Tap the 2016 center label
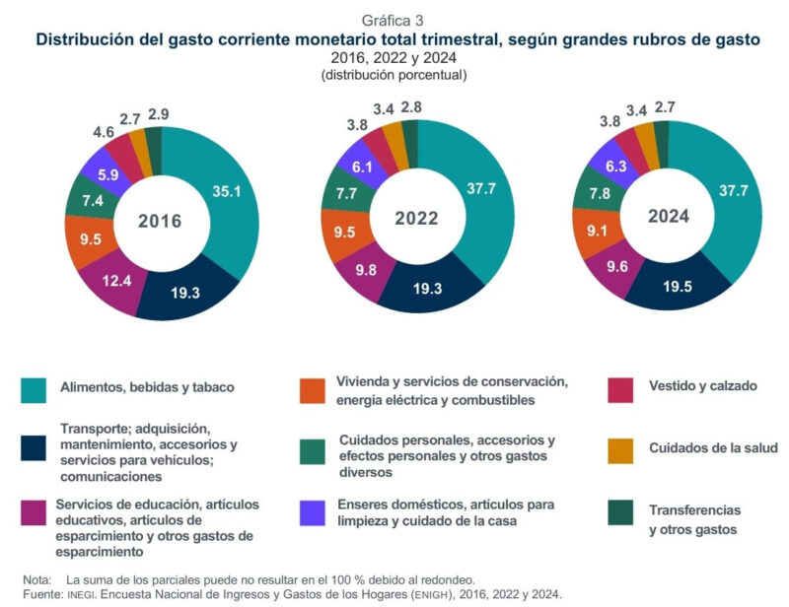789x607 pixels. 161,220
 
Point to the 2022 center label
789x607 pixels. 417,218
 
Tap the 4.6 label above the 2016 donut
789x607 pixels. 104,130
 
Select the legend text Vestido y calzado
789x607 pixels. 702,386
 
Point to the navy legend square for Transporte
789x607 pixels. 35,448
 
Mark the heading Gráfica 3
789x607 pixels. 394,21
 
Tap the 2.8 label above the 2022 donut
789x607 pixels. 412,106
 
